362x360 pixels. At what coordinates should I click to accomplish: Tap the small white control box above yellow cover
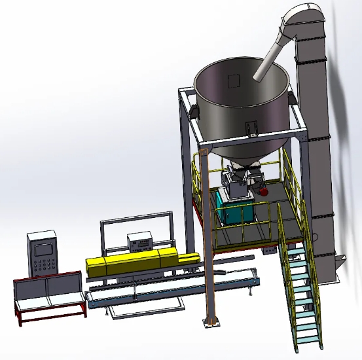point(139,242)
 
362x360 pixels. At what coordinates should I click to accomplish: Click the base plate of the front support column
point(211,321)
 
